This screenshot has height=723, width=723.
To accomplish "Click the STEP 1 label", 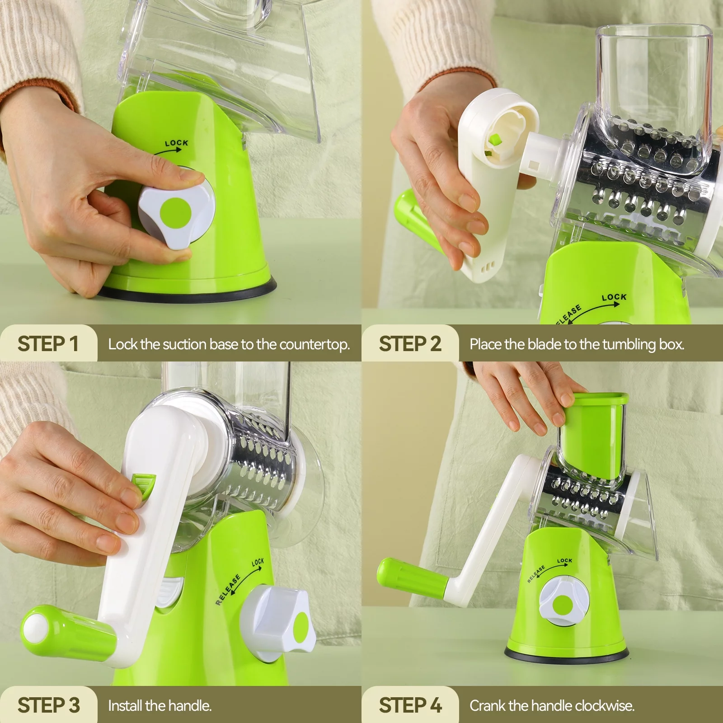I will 48,344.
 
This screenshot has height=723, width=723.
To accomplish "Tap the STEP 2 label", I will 409,344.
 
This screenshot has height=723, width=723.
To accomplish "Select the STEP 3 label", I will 48,705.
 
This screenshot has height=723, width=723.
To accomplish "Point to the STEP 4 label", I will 409,705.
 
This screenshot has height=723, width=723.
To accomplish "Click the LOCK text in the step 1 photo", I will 176,143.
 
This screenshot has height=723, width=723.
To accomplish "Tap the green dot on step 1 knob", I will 175,212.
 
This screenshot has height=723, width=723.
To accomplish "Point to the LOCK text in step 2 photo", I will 614,297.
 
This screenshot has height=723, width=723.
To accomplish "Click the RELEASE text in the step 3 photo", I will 228,590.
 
